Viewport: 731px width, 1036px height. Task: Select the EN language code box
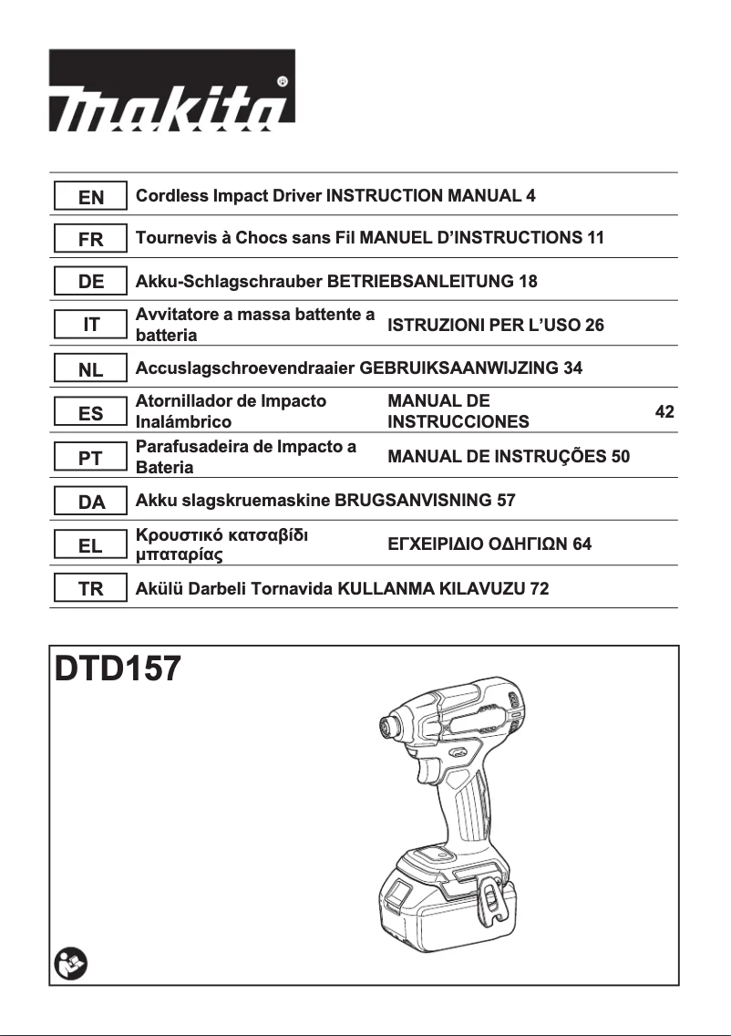pyautogui.click(x=91, y=196)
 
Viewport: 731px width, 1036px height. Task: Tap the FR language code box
pyautogui.click(x=91, y=239)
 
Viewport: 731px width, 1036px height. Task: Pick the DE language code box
pyautogui.click(x=91, y=282)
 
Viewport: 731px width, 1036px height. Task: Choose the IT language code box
pyautogui.click(x=91, y=324)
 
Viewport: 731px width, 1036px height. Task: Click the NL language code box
pyautogui.click(x=91, y=369)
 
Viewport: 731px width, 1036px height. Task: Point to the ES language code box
pyautogui.click(x=91, y=413)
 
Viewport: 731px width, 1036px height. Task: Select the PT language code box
pyautogui.click(x=91, y=458)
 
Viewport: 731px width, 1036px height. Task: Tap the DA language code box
pyautogui.click(x=91, y=502)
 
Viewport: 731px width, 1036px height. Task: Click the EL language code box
pyautogui.click(x=91, y=545)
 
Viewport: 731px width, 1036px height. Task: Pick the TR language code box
pyautogui.click(x=91, y=589)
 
